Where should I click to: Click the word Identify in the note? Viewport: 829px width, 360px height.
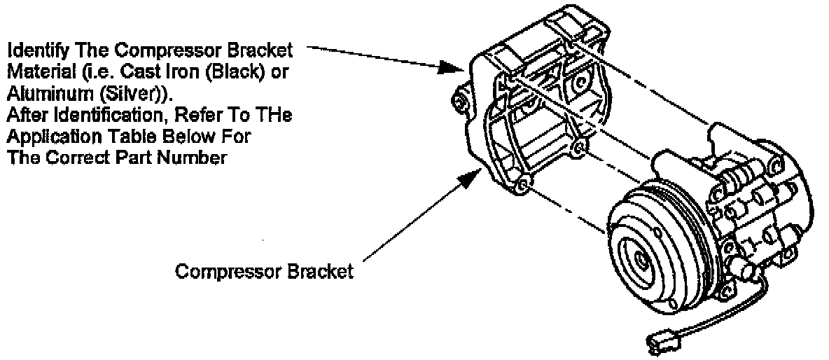click(x=34, y=51)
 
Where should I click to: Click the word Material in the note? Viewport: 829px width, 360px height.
click(x=35, y=72)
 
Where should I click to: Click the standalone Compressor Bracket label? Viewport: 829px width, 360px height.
click(x=264, y=272)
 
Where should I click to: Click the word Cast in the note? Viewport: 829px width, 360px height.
click(x=137, y=72)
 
